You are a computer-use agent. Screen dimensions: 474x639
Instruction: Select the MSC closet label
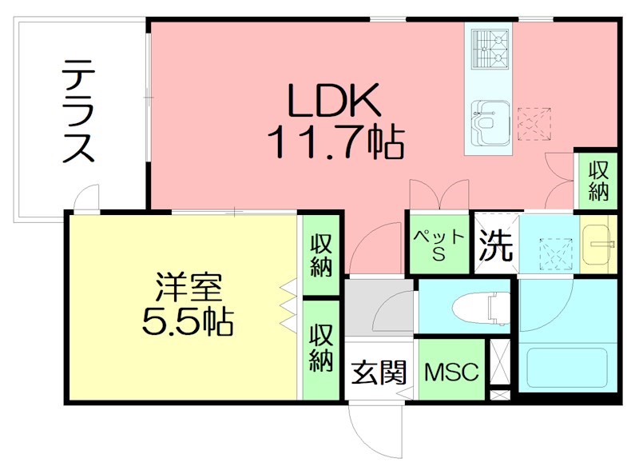[450, 372]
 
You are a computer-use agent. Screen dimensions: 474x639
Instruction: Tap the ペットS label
[438, 242]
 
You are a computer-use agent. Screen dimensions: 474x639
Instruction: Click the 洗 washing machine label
[495, 245]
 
